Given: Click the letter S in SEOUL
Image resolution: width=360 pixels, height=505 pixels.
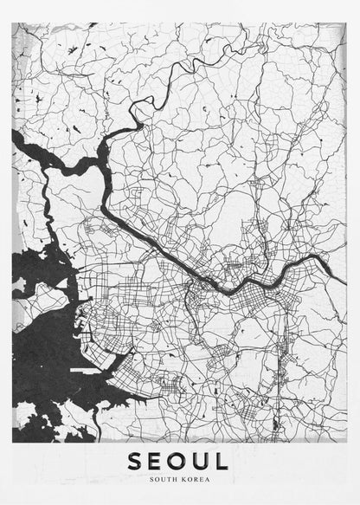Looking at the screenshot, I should pos(136,461).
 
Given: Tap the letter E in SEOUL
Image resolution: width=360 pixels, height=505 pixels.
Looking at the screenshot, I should pos(158,461).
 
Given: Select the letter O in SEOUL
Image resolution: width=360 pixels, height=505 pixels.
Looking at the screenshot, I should pos(181,461).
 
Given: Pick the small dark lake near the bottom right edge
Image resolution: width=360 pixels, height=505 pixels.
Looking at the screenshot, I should pos(275,425).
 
